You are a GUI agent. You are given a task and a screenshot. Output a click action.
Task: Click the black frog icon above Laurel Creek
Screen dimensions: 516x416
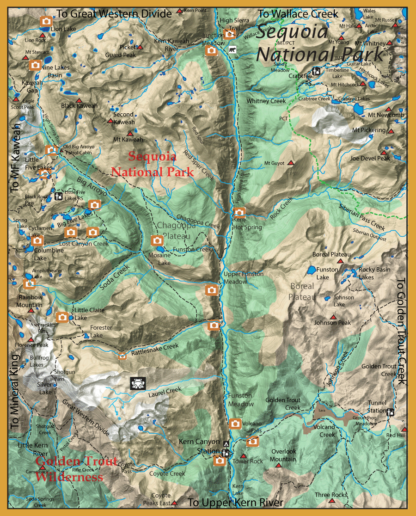138,383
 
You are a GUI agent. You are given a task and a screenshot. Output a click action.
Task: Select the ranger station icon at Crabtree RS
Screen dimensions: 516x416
317,71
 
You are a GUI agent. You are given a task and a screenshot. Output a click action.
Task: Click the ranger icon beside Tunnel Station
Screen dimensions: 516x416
391,412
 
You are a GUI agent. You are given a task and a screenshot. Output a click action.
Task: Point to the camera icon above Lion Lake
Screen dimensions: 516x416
46,21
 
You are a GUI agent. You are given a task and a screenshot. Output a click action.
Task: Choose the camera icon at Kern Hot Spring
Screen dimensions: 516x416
239,212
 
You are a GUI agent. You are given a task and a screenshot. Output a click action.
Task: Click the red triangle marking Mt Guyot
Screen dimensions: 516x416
290,163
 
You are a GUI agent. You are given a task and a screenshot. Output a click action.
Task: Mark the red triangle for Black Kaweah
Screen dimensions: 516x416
79,100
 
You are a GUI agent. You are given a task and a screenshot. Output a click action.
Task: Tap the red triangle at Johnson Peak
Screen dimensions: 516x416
333,317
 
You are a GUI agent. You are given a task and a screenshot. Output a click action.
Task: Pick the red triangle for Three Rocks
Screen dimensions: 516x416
332,501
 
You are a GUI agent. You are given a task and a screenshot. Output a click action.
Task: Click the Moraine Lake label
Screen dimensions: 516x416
159,259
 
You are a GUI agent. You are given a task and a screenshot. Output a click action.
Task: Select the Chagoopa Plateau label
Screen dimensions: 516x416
173,230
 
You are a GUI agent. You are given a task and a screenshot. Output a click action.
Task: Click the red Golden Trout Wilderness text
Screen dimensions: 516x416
69,469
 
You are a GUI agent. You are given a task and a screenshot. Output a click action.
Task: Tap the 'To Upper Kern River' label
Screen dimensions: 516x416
235,503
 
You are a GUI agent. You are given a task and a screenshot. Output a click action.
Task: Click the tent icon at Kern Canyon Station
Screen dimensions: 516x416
226,443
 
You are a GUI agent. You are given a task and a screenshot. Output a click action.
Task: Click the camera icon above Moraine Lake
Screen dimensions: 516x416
157,240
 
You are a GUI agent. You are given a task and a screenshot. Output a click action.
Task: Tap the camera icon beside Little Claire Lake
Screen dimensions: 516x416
62,317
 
